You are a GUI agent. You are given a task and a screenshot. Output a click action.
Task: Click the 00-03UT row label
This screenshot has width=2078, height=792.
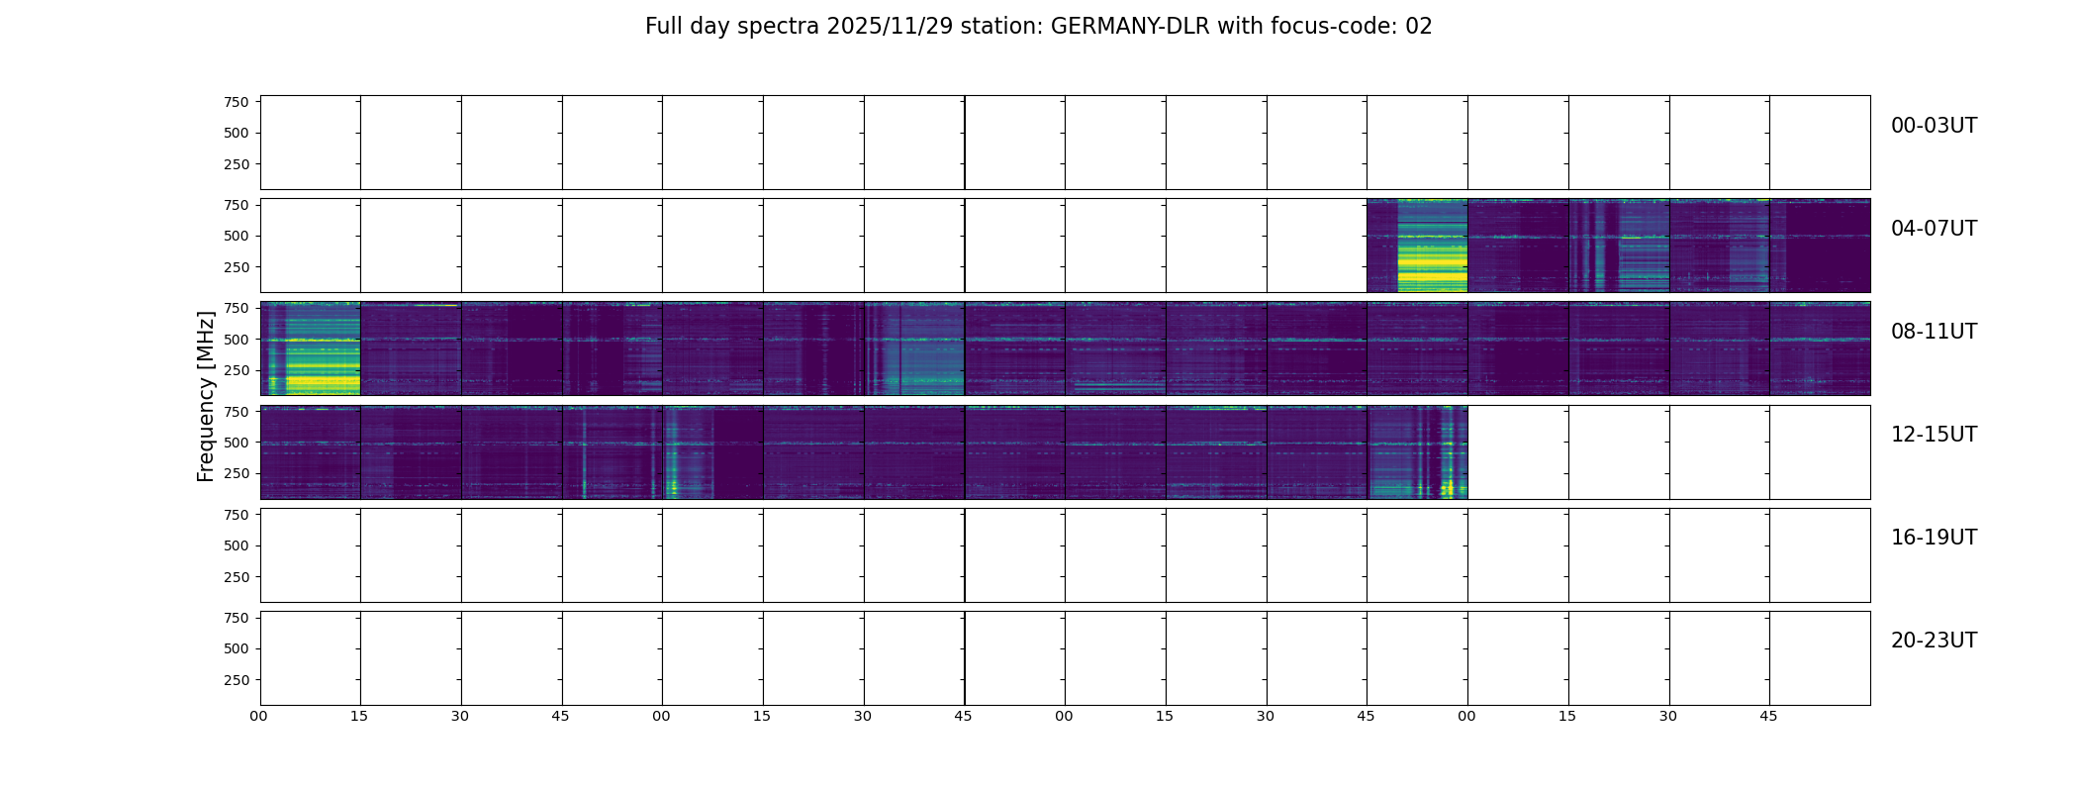click(1934, 126)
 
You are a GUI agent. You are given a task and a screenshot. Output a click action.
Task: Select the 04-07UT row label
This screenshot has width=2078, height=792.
click(1934, 229)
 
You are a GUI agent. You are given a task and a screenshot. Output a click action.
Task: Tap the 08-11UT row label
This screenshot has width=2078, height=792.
click(1934, 332)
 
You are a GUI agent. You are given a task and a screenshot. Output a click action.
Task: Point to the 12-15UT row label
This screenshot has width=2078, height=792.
click(1934, 435)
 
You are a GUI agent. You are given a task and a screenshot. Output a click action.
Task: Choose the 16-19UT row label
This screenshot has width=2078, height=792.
click(1934, 538)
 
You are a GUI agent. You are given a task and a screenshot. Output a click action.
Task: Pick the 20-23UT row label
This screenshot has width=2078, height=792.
click(1934, 641)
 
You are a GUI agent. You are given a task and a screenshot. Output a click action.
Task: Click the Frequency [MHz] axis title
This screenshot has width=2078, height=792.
click(206, 396)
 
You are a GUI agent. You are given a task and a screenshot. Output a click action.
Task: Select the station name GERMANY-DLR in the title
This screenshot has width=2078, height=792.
click(1129, 27)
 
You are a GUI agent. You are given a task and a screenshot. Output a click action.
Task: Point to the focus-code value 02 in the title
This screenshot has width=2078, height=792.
click(1419, 27)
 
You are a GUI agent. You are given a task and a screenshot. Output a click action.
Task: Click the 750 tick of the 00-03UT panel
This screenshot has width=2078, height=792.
click(236, 102)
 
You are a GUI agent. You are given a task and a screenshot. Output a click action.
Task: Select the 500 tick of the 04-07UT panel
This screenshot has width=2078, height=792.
click(236, 237)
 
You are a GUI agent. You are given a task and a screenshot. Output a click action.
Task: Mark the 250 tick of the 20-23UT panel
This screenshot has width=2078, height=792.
click(236, 680)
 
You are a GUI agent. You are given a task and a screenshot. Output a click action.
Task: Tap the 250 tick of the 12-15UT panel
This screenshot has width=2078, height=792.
click(236, 474)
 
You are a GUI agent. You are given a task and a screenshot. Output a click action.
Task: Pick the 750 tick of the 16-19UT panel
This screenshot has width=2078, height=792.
click(236, 515)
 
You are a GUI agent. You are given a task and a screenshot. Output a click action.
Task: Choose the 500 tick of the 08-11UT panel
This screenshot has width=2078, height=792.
click(236, 340)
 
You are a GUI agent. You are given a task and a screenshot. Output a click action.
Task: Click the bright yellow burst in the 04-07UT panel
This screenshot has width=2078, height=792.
click(1432, 262)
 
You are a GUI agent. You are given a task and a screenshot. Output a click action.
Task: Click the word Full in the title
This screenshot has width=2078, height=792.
click(663, 27)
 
